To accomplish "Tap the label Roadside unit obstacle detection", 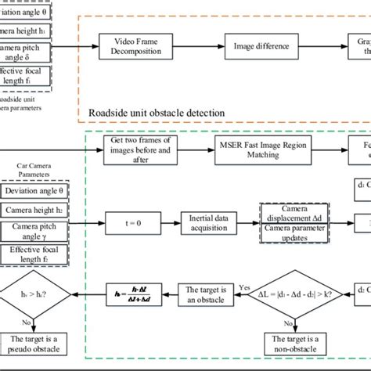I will click(x=157, y=113).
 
